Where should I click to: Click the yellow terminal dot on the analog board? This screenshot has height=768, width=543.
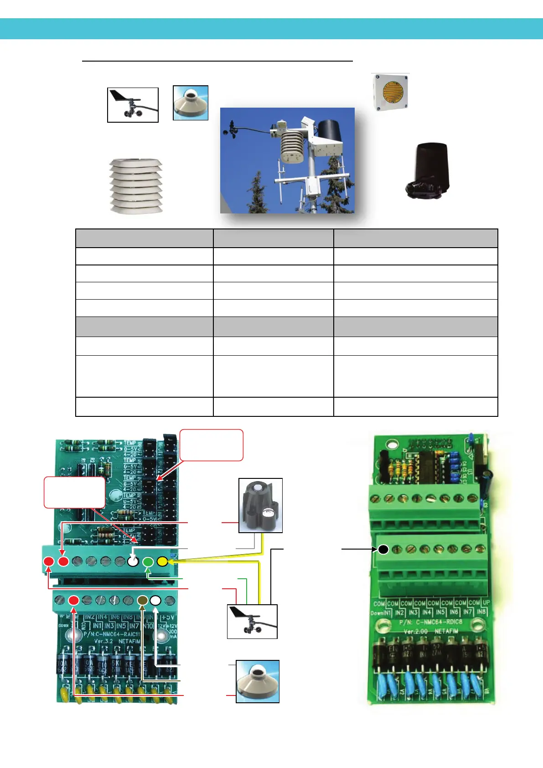tap(162, 561)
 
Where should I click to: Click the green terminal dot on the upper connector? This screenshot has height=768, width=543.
tap(148, 562)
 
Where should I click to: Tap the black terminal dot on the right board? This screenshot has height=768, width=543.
tap(383, 550)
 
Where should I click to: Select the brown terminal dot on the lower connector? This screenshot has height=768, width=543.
tap(143, 600)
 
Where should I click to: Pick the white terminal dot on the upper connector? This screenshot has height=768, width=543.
tap(133, 561)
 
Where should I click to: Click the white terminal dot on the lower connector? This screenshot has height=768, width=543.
tap(155, 600)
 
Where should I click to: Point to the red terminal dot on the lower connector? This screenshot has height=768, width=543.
tap(73, 600)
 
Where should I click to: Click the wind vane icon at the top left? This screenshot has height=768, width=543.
tap(133, 105)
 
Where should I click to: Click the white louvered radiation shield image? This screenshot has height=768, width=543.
tap(136, 186)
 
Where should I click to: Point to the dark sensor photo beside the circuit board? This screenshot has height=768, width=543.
tap(260, 505)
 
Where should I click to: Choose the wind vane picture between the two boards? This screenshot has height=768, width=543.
tap(252, 621)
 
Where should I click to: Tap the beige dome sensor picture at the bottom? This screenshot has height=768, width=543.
tap(258, 681)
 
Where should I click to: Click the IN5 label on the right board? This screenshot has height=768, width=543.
tap(440, 612)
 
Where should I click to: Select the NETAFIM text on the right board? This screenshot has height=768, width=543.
tap(447, 631)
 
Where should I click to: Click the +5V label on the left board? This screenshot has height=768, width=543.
tap(167, 618)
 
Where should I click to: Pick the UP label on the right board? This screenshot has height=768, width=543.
tap(486, 603)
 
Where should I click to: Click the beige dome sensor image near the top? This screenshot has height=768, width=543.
tap(191, 103)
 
